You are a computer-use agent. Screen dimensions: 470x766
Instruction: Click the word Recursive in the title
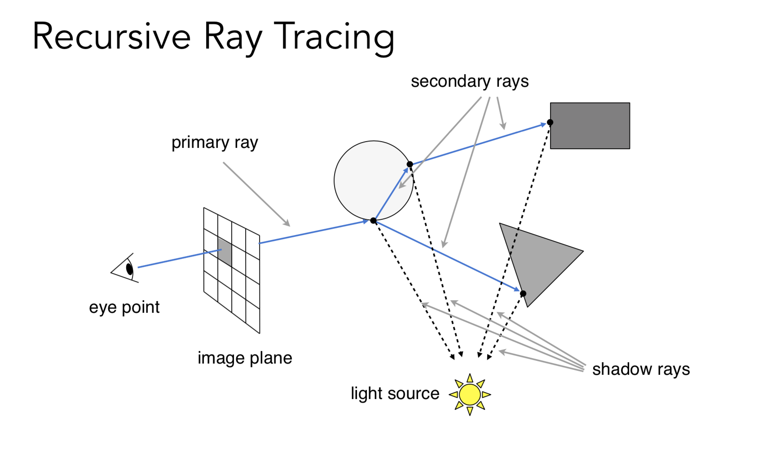click(112, 36)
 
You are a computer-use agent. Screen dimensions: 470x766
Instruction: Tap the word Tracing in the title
click(334, 37)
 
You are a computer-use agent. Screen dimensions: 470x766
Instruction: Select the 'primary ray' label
click(215, 142)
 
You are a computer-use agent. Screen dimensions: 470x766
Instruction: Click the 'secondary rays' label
click(469, 81)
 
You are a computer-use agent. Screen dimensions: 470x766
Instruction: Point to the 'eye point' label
click(124, 307)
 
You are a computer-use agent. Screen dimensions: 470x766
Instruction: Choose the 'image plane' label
click(245, 358)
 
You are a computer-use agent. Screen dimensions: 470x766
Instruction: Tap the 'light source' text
click(395, 393)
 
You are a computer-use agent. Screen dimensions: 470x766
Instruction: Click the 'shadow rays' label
click(641, 369)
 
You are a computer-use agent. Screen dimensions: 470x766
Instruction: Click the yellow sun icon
click(470, 395)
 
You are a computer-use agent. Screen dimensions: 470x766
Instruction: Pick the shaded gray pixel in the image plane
click(225, 252)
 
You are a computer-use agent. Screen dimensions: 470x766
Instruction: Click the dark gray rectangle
click(590, 126)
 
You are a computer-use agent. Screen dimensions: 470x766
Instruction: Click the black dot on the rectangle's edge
click(550, 122)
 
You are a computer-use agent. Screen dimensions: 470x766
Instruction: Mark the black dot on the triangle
click(523, 293)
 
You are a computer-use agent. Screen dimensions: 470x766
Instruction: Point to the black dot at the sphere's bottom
click(373, 221)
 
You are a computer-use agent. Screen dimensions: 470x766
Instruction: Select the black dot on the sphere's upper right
click(409, 164)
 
